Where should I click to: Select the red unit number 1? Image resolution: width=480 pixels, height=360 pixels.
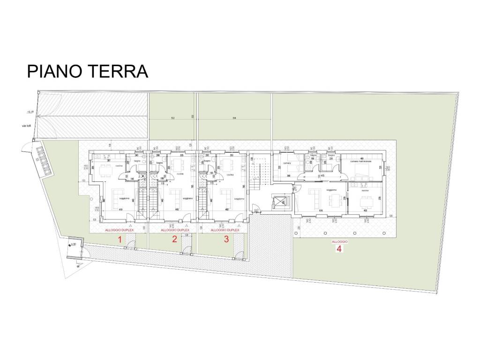click(x=120, y=240)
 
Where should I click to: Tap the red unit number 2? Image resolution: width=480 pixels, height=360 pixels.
click(x=174, y=240)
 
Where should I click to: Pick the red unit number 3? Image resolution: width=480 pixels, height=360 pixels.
click(x=226, y=240)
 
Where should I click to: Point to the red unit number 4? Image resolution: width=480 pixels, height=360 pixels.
click(x=338, y=249)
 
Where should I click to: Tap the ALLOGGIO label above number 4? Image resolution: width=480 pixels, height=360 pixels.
click(x=339, y=241)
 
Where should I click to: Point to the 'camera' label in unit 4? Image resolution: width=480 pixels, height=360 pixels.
click(x=287, y=163)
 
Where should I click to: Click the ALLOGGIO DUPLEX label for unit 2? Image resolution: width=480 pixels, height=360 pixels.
click(x=175, y=230)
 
